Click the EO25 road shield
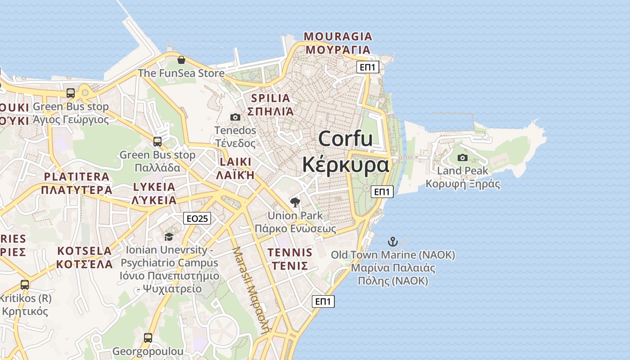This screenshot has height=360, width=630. tap(197, 218)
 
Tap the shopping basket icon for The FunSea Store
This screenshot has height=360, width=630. tap(181, 59)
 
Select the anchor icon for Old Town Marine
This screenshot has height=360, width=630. tap(393, 242)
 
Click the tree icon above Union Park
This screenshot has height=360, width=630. tap(295, 202)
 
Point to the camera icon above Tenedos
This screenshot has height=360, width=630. tap(235, 117)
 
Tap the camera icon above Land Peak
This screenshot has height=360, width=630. tap(462, 157)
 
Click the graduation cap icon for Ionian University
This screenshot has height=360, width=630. tap(169, 237)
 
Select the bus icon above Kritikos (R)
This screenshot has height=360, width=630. tap(25, 284)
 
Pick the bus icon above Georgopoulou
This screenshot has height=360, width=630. tap(148, 337)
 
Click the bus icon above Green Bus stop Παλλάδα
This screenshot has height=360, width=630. tap(157, 141)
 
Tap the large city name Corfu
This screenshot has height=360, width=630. tap(346, 138)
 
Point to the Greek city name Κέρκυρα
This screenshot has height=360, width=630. tap(345, 165)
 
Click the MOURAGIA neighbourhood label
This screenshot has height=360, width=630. tap(338, 36)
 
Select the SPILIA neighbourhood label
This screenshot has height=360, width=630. tap(270, 98)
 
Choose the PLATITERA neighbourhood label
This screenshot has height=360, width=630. tap(76, 176)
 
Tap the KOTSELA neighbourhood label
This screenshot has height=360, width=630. tap(85, 251)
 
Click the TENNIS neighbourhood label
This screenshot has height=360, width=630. tap(290, 252)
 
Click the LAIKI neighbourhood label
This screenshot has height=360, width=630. tap(235, 162)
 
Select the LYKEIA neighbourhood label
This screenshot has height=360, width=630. tap(154, 187)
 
